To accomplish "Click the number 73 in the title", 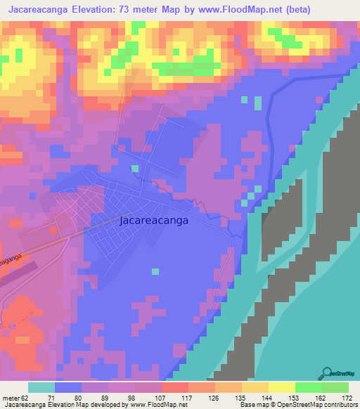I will point(131,9).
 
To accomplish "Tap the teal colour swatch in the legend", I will point(41,387).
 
